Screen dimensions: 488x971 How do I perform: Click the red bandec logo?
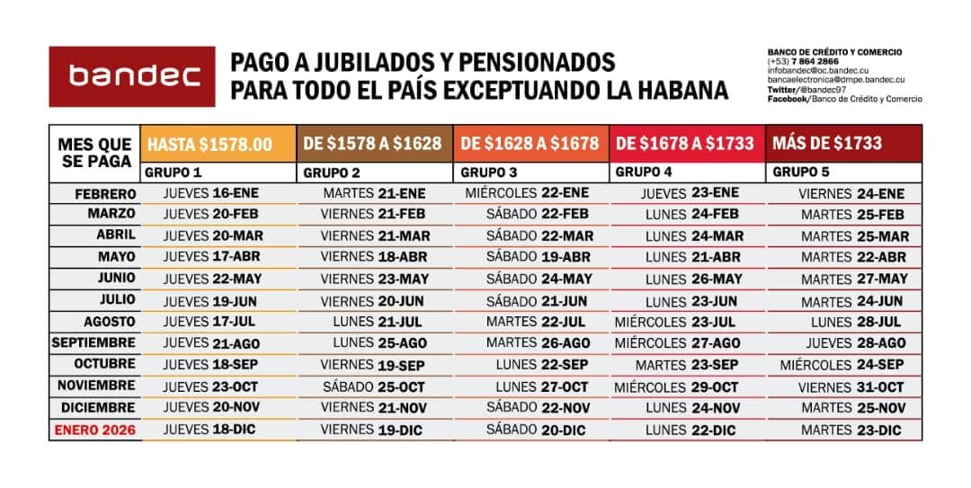(132, 76)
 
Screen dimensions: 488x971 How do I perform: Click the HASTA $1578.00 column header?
(209, 144)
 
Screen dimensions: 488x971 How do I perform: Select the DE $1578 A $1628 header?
(373, 143)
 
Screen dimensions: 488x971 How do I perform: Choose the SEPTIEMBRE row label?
(94, 342)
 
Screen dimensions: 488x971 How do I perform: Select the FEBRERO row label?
(106, 193)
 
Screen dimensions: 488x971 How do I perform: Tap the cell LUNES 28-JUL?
(856, 321)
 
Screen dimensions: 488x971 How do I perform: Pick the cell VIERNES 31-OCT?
(851, 386)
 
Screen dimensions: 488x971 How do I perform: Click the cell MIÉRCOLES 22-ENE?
(527, 193)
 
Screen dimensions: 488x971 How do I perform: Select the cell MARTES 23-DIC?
(851, 430)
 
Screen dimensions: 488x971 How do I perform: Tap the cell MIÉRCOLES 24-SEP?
(842, 365)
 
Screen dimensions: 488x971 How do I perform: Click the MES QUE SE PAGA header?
(94, 151)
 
